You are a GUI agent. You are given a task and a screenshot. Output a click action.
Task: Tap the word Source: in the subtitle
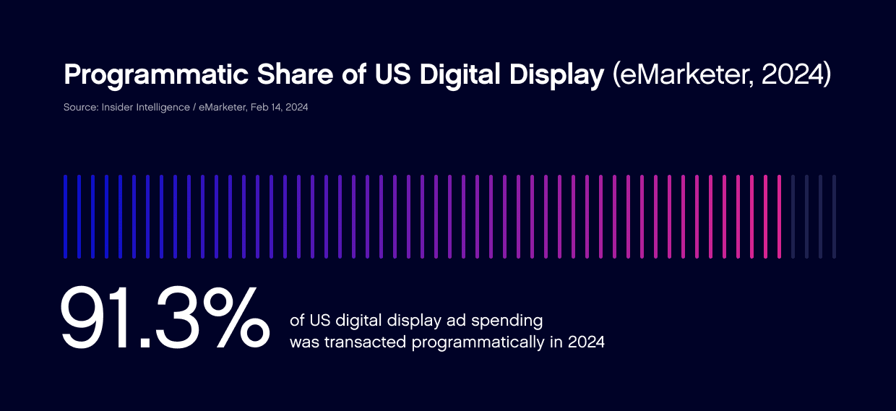pos(80,108)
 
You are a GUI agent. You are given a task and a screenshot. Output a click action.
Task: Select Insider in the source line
pos(118,108)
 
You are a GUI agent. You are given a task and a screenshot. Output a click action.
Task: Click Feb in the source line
pos(259,108)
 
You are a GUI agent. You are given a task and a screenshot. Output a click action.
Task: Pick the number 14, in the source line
pos(277,108)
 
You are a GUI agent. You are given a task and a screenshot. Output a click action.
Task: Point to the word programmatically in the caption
pos(480,342)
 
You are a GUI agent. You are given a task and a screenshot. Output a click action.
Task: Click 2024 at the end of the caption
pos(586,342)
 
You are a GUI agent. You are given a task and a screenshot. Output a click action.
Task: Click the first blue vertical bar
pos(65,216)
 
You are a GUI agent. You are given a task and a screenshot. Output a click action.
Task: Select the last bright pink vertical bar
pos(779,216)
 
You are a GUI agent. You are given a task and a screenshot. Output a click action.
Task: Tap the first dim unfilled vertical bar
pos(793,216)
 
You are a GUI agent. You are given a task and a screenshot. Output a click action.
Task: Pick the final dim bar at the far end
pos(834,216)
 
